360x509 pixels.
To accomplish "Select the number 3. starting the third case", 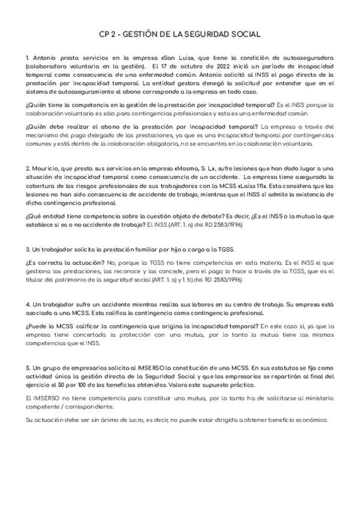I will [x=29, y=248].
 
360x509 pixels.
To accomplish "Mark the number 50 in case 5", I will [x=66, y=384].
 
